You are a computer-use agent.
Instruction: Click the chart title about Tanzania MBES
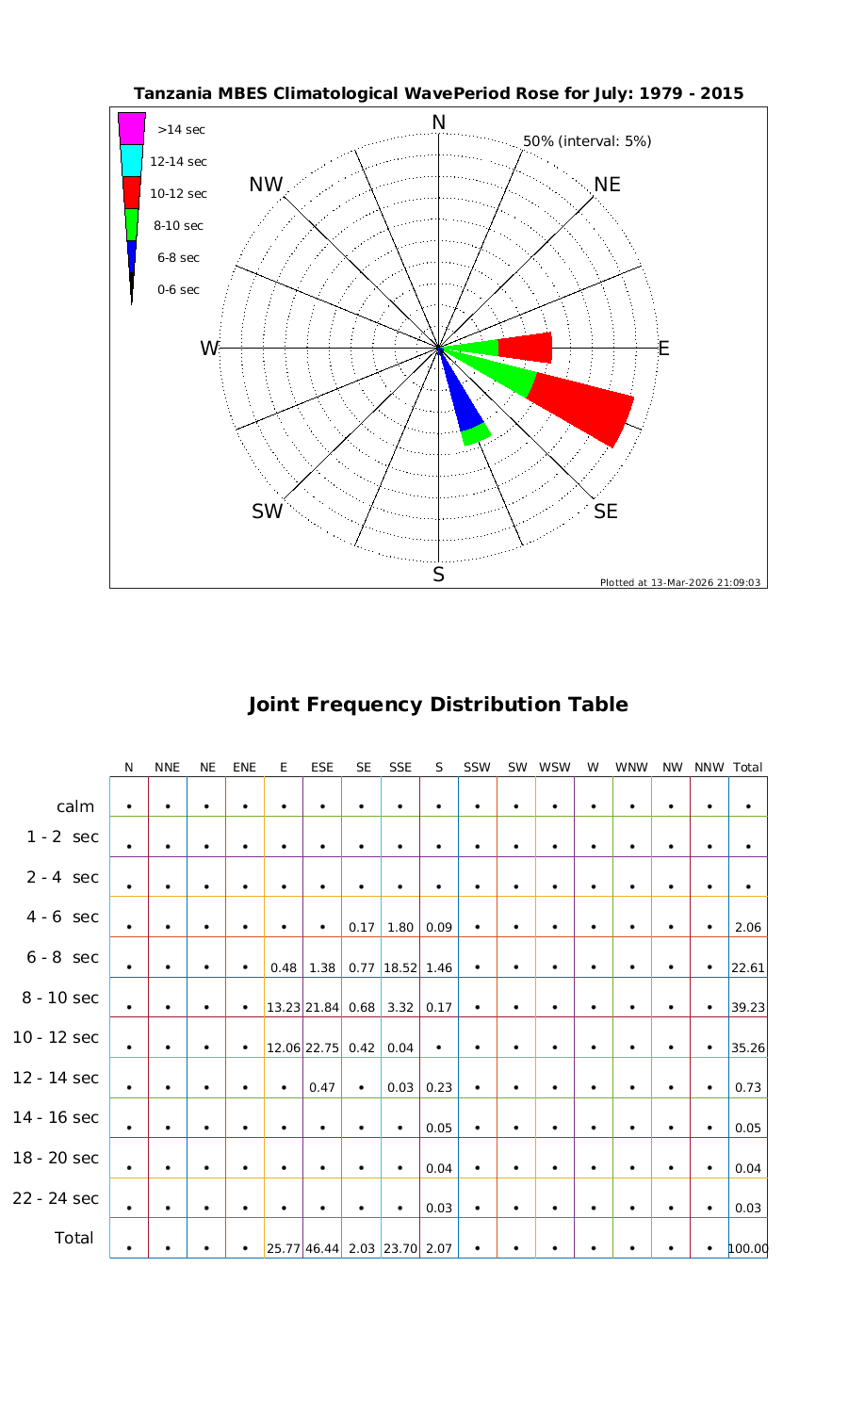point(438,93)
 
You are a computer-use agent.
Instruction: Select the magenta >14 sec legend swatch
point(132,128)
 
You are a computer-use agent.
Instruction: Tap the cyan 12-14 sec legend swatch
point(132,160)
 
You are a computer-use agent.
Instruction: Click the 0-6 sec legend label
point(178,290)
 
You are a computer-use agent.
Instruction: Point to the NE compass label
point(608,185)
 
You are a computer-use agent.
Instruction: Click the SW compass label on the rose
point(268,512)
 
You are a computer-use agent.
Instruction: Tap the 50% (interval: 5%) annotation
point(587,141)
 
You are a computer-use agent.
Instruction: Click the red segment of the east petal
point(525,348)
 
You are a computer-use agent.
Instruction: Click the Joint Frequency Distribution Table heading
point(438,705)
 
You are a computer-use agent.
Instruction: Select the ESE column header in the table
point(322,768)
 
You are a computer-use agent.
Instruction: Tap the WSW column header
point(555,768)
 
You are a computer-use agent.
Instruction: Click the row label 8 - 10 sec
point(56,998)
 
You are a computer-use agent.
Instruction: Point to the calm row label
point(75,806)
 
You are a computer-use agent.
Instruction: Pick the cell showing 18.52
point(400,967)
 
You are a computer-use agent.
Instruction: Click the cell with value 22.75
point(322,1048)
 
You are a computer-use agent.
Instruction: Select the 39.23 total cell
point(748,1007)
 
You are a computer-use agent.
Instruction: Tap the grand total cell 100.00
point(748,1249)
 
